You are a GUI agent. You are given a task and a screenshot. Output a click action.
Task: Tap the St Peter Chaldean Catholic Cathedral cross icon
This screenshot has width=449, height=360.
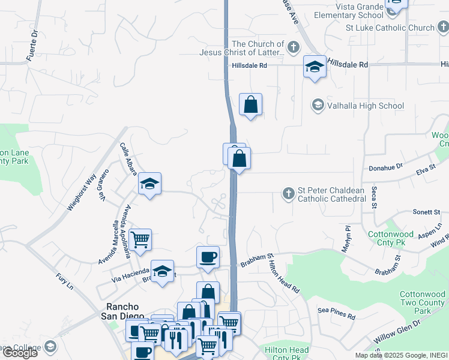pyautogui.click(x=288, y=193)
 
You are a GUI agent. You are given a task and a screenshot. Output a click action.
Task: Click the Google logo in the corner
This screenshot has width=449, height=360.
pyautogui.click(x=20, y=352)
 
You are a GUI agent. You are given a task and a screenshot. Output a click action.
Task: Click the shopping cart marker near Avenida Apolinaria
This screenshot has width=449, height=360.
pyautogui.click(x=140, y=239)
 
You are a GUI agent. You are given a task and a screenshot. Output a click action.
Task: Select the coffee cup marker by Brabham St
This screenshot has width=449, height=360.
pyautogui.click(x=208, y=257)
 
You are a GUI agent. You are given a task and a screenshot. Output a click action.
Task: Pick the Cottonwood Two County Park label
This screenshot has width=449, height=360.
pyautogui.click(x=423, y=302)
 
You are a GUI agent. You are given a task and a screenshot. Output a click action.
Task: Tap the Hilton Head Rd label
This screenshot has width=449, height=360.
pyautogui.click(x=284, y=272)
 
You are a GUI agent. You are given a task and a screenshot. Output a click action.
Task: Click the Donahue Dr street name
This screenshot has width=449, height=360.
pyautogui.click(x=385, y=170)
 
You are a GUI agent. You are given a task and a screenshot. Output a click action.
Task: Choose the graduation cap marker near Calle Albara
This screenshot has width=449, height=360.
pyautogui.click(x=149, y=184)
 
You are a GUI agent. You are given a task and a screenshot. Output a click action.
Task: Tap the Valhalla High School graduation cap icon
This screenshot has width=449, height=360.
pyautogui.click(x=317, y=106)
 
